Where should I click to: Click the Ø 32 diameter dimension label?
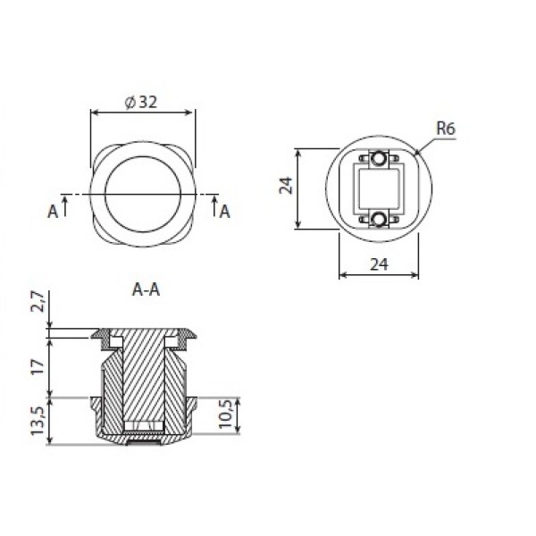[x=141, y=102]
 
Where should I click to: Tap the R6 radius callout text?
[x=446, y=129]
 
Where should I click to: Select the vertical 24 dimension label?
[x=287, y=186]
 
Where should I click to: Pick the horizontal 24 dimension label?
[x=379, y=264]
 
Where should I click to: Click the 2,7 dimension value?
[x=38, y=302]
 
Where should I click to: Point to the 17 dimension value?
[x=38, y=367]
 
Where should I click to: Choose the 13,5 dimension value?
[x=38, y=421]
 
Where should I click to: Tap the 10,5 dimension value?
[x=226, y=414]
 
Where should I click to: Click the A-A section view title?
[x=146, y=289]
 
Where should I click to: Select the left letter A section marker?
[x=53, y=212]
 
